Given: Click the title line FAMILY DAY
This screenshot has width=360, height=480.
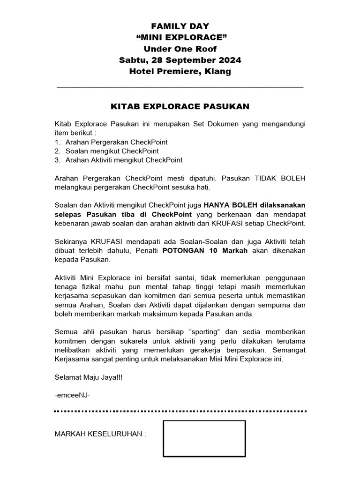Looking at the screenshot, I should coord(180,26).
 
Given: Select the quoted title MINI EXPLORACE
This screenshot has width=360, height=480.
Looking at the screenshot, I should coord(180,37).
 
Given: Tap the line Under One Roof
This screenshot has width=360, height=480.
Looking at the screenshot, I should coord(180,49).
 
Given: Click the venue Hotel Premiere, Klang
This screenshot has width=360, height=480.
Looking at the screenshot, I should coord(180,71).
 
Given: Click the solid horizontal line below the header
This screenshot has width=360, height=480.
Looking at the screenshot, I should coord(180,87).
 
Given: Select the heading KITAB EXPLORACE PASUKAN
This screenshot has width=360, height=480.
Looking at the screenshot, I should coord(180,107).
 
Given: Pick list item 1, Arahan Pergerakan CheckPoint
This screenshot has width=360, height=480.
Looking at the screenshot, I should coord(116,142).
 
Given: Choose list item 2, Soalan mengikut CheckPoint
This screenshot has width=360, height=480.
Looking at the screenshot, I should coord(112,151).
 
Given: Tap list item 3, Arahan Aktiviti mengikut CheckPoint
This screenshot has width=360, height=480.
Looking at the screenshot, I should coord(124,160).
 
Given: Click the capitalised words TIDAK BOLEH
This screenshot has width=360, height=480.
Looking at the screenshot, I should coord(280,179).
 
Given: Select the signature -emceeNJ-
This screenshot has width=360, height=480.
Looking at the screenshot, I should coord(72,395).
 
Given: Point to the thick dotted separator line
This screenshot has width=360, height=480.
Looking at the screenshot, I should coord(180,411).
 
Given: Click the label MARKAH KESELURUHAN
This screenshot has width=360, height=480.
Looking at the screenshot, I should coord(100,434).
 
